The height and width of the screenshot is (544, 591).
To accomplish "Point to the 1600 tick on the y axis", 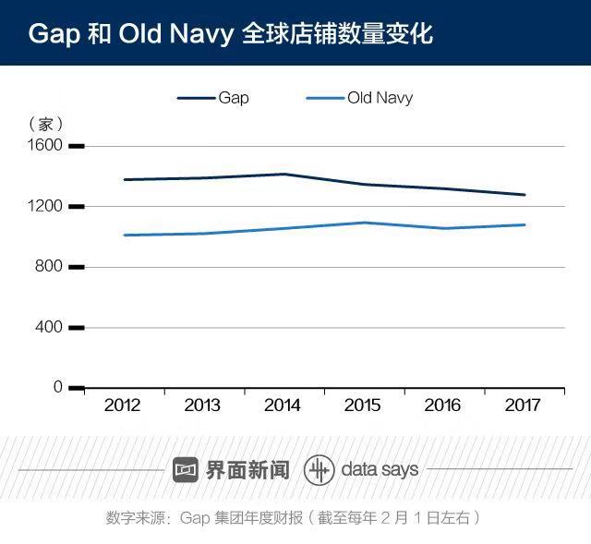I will (45, 145).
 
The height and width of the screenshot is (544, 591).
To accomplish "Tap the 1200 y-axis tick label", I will (45, 206).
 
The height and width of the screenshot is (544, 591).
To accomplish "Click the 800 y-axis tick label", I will (49, 266).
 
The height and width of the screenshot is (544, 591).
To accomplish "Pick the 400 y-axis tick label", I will (49, 327).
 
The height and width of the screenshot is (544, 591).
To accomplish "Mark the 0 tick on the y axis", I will (57, 387).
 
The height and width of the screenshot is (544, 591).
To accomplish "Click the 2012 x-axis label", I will (123, 405).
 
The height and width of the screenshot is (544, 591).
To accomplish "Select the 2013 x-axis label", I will (202, 405).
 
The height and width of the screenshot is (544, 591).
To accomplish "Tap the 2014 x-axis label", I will (283, 405).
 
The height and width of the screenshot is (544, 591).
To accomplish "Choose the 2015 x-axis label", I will (363, 405).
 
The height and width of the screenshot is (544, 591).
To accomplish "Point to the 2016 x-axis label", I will (444, 405).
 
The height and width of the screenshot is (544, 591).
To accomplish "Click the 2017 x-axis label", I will (525, 405).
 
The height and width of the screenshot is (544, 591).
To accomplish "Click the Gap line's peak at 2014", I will (283, 174).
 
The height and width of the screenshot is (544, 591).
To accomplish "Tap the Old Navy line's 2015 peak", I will (364, 223).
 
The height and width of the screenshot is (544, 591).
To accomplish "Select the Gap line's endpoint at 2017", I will (525, 195).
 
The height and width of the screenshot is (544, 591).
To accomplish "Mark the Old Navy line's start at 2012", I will (124, 235).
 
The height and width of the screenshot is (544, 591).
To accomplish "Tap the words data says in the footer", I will (379, 469).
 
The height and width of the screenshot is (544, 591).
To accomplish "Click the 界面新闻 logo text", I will (247, 469).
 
